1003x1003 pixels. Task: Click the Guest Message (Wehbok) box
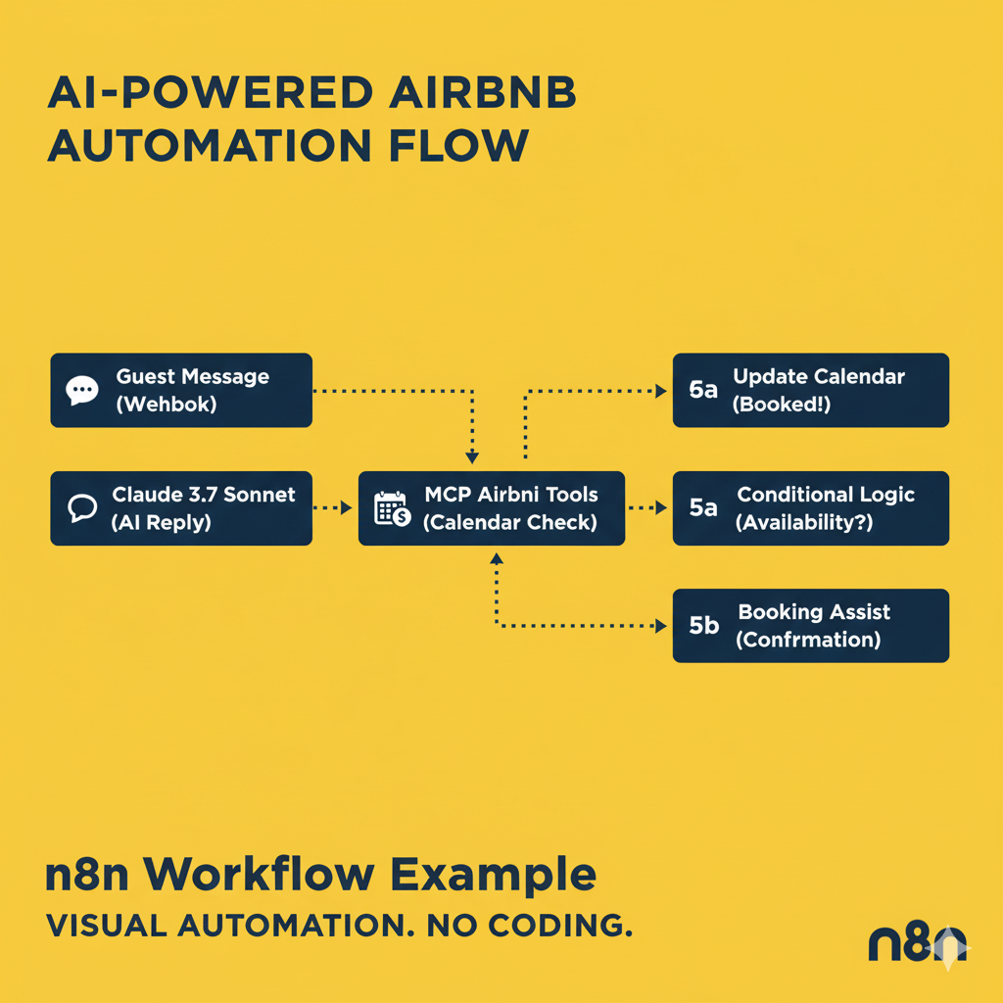click(181, 390)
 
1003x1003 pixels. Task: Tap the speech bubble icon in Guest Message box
click(82, 391)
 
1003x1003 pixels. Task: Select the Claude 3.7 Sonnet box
click(181, 507)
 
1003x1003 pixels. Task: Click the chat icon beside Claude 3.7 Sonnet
click(82, 507)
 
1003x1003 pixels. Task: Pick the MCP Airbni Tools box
click(492, 507)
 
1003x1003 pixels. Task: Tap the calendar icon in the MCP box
click(392, 508)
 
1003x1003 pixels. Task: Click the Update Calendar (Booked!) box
click(810, 390)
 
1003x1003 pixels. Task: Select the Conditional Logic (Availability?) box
click(810, 507)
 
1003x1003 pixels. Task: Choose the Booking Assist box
click(810, 625)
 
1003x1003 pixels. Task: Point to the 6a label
click(703, 390)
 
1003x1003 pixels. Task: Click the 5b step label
click(703, 626)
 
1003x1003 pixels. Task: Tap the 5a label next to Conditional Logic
click(703, 508)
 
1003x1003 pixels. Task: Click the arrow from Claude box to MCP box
click(333, 508)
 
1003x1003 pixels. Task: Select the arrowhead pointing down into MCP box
click(472, 456)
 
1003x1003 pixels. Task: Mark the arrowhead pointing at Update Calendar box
click(660, 391)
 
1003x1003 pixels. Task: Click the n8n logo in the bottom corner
click(917, 944)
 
